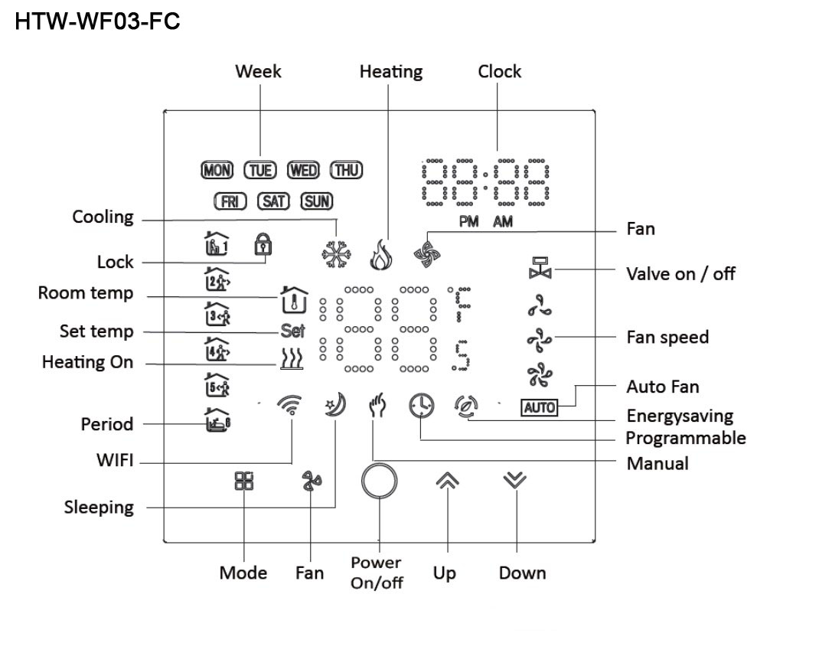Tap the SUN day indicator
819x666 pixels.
(x=317, y=201)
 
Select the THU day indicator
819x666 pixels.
(x=346, y=171)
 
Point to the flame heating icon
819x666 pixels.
(x=380, y=256)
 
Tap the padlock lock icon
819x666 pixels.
(x=261, y=246)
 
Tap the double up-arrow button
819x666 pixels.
(x=447, y=480)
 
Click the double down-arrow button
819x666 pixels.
(x=515, y=480)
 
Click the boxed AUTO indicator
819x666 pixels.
(x=539, y=408)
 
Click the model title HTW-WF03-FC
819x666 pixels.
(x=97, y=21)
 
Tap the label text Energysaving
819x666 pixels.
(x=680, y=416)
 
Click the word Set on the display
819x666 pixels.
(x=292, y=331)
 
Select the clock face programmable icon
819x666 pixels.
(x=420, y=405)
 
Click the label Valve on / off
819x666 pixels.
(x=680, y=273)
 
